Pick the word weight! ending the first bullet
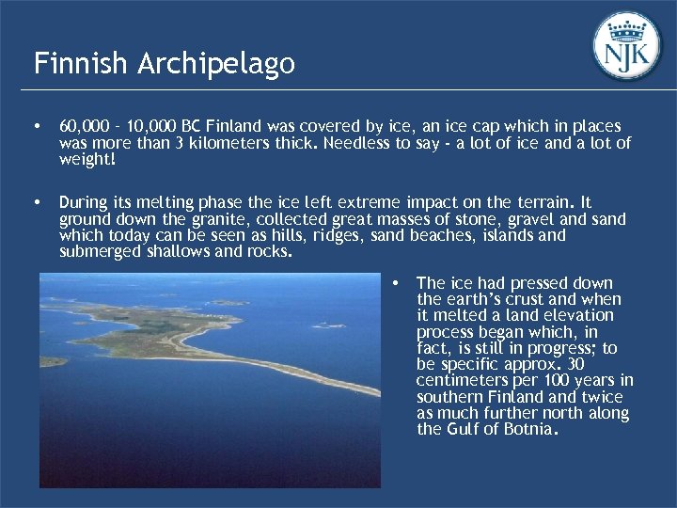tap(88, 160)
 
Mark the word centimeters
tap(461, 381)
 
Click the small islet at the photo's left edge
tap(51, 361)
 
